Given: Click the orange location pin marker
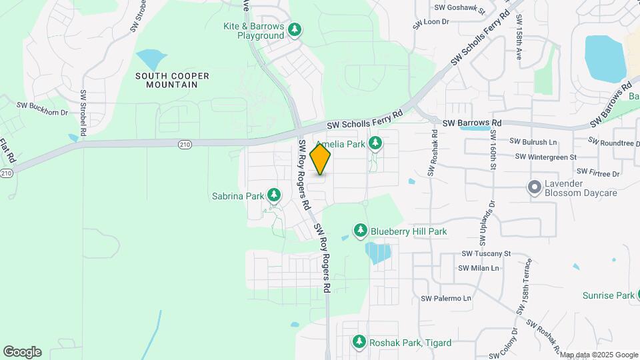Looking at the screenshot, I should click(321, 159).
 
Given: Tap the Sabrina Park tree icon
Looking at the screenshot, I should click(273, 195).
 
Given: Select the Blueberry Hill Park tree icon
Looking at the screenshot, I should click(361, 231).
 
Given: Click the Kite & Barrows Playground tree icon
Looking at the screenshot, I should click(294, 30).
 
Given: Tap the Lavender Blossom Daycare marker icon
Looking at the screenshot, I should click(534, 187).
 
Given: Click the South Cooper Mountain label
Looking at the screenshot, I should click(172, 80).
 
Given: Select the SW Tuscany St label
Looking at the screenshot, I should click(486, 253).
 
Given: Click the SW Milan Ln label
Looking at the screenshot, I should click(479, 268).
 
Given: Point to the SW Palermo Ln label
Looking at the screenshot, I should click(446, 298).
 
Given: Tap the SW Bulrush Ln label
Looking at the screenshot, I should click(533, 142).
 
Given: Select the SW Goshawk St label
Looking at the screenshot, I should click(459, 8).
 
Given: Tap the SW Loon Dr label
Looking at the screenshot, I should click(431, 22).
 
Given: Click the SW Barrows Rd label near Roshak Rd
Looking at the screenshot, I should click(474, 123).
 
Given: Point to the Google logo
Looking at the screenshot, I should click(22, 351).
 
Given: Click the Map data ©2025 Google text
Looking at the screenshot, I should click(599, 355).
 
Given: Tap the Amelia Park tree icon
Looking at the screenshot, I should click(376, 143).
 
